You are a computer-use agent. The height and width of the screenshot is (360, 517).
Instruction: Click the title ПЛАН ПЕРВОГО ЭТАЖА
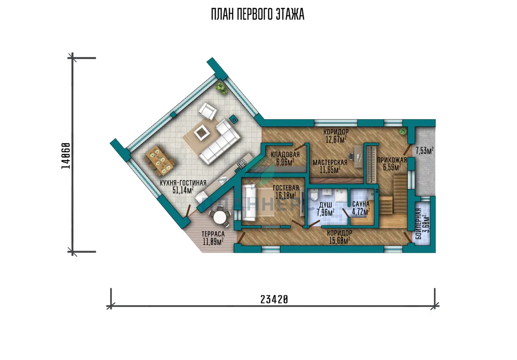258,14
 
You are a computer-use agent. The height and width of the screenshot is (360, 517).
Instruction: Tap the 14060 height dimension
66,156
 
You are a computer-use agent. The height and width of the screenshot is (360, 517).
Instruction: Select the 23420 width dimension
274,300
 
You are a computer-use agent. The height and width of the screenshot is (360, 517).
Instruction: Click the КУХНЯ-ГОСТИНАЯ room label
183,183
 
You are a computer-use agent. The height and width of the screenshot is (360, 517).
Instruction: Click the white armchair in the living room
208,111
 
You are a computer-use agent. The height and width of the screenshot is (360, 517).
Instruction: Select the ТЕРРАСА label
213,234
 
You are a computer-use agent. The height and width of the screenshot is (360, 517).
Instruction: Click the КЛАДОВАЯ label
285,155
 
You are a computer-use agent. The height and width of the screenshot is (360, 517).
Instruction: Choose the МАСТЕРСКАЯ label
330,162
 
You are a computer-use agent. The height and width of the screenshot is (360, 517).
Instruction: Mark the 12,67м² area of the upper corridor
336,139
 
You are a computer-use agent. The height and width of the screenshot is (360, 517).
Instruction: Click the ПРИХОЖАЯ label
392,160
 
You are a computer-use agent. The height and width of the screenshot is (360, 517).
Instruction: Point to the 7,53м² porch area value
424,151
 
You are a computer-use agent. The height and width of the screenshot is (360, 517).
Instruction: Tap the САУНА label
361,204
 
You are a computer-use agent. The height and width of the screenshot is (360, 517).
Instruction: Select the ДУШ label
325,205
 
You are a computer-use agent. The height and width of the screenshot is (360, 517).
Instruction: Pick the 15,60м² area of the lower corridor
339,241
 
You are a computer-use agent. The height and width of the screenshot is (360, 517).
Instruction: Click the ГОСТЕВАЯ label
286,188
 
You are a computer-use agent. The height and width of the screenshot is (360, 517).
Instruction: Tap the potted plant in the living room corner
221,89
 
